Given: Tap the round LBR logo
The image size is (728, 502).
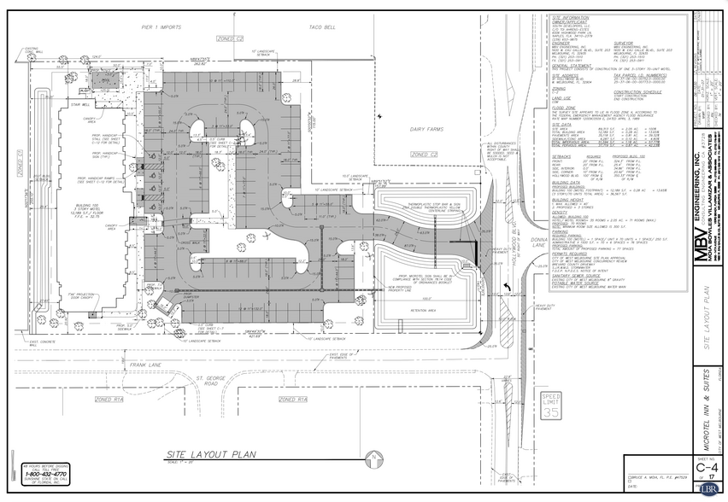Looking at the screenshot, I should click(x=708, y=491).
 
